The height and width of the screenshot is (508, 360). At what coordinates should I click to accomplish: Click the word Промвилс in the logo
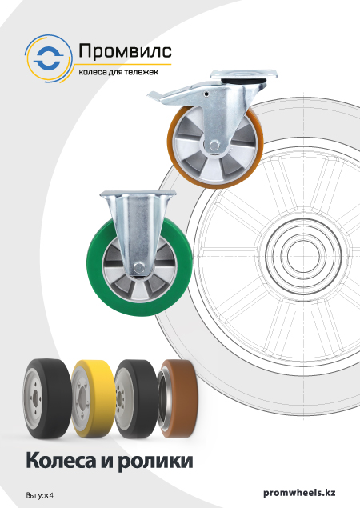pyautogui.click(x=125, y=52)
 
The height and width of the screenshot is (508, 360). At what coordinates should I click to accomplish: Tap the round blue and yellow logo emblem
pyautogui.click(x=49, y=58)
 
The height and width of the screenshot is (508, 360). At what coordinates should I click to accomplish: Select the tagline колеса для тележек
pyautogui.click(x=118, y=72)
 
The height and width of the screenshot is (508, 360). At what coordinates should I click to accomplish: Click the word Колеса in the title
pyautogui.click(x=61, y=460)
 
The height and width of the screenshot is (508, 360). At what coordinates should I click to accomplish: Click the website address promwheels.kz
pyautogui.click(x=299, y=493)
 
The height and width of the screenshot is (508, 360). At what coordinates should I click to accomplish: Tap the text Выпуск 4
pyautogui.click(x=39, y=496)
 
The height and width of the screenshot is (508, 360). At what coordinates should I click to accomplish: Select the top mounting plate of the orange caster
pyautogui.click(x=244, y=74)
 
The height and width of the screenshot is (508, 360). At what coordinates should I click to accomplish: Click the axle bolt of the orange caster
pyautogui.click(x=214, y=146)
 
